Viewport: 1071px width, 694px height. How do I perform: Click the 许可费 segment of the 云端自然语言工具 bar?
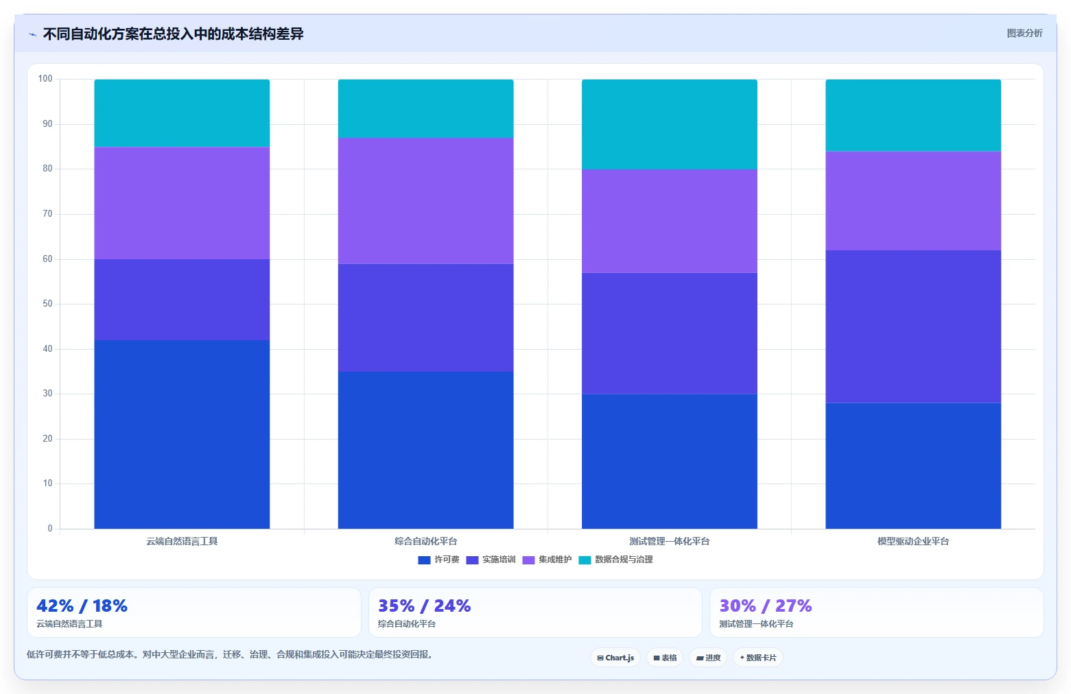tap(182, 434)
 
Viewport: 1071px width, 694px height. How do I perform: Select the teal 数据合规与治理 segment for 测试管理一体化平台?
tap(670, 124)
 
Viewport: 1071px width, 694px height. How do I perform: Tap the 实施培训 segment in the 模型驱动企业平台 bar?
tap(913, 326)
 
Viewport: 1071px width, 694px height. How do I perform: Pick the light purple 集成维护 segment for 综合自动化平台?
tap(425, 201)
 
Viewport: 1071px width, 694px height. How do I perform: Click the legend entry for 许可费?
tap(438, 560)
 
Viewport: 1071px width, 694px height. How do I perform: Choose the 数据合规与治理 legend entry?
tap(616, 560)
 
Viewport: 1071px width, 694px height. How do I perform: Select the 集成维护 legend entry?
tap(547, 560)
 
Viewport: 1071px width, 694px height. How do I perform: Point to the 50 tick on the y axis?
tap(47, 304)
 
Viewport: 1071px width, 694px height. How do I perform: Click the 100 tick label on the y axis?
tap(45, 79)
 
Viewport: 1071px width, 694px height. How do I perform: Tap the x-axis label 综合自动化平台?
tap(425, 541)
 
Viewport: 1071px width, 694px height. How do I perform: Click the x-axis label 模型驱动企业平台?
tap(913, 541)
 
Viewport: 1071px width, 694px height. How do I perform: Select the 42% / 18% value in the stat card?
tap(82, 606)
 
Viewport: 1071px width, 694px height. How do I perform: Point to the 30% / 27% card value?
tap(766, 606)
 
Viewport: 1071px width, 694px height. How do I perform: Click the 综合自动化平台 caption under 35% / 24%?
tap(406, 624)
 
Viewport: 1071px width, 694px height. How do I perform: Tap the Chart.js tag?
tap(615, 658)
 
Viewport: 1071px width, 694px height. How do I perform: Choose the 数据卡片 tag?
tap(758, 658)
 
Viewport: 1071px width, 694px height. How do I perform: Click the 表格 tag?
tap(665, 658)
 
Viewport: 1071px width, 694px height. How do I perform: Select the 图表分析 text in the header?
tap(1024, 34)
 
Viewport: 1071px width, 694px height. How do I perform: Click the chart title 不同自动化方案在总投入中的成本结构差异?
tap(173, 34)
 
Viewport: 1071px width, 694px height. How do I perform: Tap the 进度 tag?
tap(708, 658)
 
